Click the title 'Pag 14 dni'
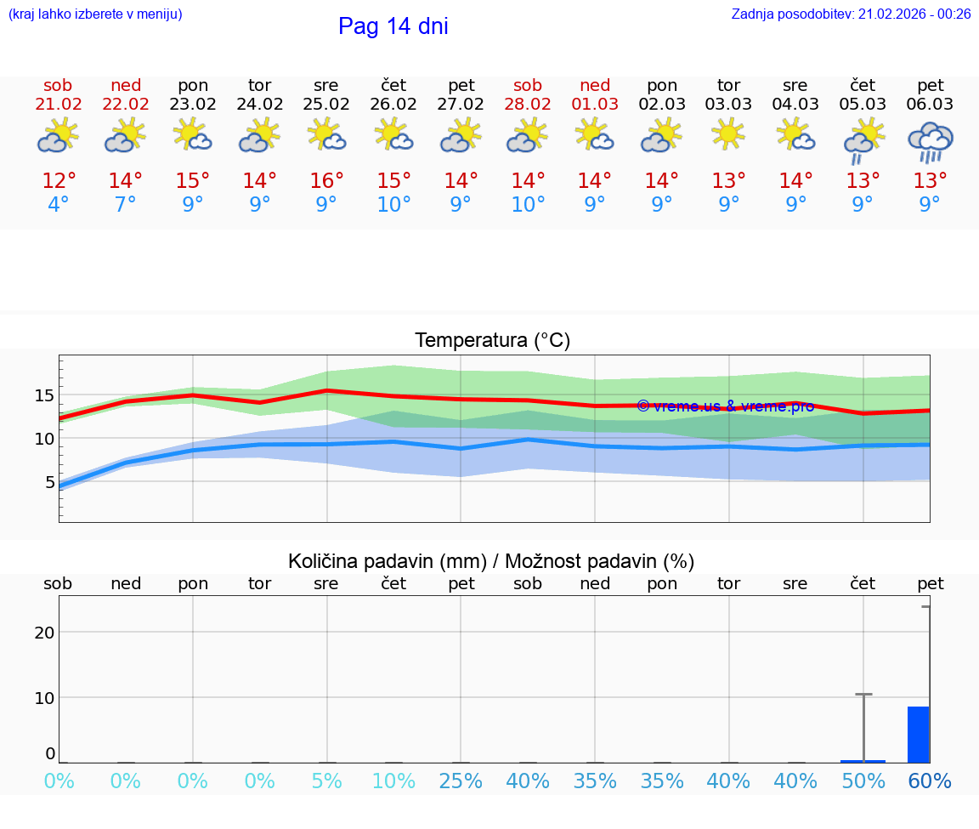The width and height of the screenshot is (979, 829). click(x=393, y=26)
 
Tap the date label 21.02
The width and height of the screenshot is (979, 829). click(x=58, y=105)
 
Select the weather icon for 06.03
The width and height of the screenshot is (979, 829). click(x=931, y=142)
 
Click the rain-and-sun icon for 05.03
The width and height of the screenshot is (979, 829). click(x=863, y=140)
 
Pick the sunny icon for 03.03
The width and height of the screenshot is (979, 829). click(x=728, y=134)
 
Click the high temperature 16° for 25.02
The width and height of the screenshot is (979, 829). click(x=326, y=181)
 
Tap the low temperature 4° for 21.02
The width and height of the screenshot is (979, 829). click(x=58, y=205)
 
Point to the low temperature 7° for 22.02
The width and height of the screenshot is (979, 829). click(x=125, y=205)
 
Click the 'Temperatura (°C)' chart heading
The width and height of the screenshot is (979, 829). click(x=492, y=341)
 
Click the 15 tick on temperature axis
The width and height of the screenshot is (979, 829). click(x=44, y=395)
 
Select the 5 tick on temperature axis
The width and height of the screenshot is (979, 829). click(x=48, y=482)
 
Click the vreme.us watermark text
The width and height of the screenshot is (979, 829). click(x=725, y=406)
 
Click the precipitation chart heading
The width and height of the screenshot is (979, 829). click(x=491, y=561)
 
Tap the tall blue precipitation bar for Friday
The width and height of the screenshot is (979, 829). click(x=918, y=735)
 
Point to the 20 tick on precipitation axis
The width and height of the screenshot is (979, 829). click(x=44, y=632)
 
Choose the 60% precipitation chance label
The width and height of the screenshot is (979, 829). click(x=930, y=781)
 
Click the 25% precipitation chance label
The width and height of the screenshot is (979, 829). click(x=461, y=781)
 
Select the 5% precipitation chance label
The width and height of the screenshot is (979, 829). click(x=326, y=781)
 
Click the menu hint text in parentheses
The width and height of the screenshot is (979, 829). click(x=94, y=14)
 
